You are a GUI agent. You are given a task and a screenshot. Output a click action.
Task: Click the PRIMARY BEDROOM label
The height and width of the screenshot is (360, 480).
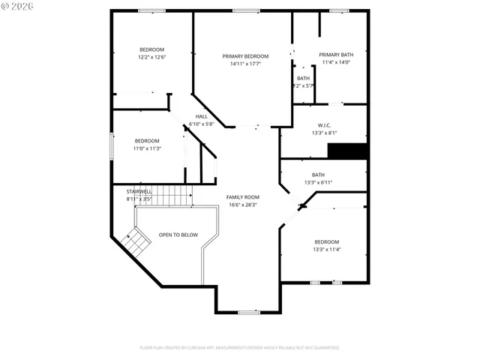(x=244, y=56)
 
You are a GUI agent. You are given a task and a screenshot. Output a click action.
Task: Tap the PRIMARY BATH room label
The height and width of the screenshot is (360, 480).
(x=335, y=55)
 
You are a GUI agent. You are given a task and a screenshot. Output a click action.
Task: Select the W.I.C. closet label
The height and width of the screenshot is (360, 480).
(x=324, y=125)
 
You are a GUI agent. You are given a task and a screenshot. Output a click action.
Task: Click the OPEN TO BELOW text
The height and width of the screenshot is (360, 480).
(x=178, y=235)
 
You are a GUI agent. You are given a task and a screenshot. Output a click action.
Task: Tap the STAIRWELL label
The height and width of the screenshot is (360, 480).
(x=139, y=192)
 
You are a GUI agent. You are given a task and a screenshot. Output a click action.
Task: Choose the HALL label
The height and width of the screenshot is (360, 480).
(x=202, y=116)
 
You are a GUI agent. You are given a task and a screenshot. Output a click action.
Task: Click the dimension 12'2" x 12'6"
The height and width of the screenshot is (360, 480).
(x=151, y=57)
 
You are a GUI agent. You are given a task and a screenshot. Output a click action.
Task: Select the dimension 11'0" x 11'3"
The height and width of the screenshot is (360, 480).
(x=147, y=148)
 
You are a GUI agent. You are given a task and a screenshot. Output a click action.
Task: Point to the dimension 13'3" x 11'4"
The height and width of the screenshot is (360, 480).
(x=326, y=249)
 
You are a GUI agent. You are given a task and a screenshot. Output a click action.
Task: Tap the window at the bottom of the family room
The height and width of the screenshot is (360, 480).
(x=249, y=312)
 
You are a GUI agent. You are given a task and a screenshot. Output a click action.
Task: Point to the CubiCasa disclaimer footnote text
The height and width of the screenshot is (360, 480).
(x=239, y=348)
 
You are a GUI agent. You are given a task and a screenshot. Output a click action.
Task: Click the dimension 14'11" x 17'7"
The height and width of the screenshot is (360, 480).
(x=244, y=64)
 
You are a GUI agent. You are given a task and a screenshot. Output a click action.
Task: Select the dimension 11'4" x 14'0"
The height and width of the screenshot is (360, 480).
(x=335, y=62)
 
